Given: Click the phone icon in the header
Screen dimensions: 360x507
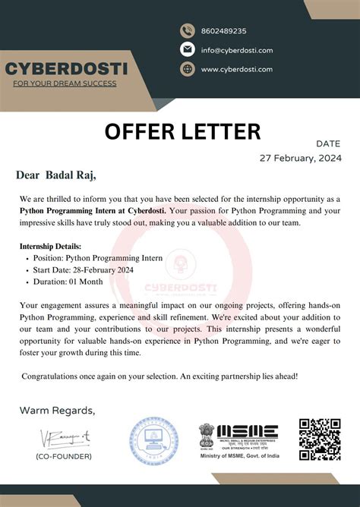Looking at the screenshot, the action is pyautogui.click(x=188, y=31).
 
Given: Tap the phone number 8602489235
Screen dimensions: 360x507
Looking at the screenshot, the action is pyautogui.click(x=223, y=31).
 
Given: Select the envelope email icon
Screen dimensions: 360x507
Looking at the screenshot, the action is pyautogui.click(x=188, y=50).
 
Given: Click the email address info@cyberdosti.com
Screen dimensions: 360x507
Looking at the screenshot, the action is pyautogui.click(x=236, y=50).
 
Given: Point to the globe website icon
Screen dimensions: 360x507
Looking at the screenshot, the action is pyautogui.click(x=188, y=69).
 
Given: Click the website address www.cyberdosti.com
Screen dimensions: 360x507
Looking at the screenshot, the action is pyautogui.click(x=236, y=69).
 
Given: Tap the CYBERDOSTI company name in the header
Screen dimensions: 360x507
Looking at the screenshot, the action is pyautogui.click(x=67, y=69).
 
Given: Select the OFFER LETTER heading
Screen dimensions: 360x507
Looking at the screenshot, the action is pyautogui.click(x=182, y=131).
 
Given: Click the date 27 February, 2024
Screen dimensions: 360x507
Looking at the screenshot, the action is pyautogui.click(x=301, y=158).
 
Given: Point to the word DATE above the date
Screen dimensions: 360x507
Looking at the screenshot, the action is pyautogui.click(x=328, y=143).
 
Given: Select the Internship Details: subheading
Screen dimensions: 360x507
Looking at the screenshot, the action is pyautogui.click(x=50, y=247).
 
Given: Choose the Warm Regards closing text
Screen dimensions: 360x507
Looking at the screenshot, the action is pyautogui.click(x=58, y=411).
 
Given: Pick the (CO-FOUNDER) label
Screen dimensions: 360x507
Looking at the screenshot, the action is pyautogui.click(x=64, y=456).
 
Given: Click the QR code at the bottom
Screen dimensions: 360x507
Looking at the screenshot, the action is pyautogui.click(x=319, y=439).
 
